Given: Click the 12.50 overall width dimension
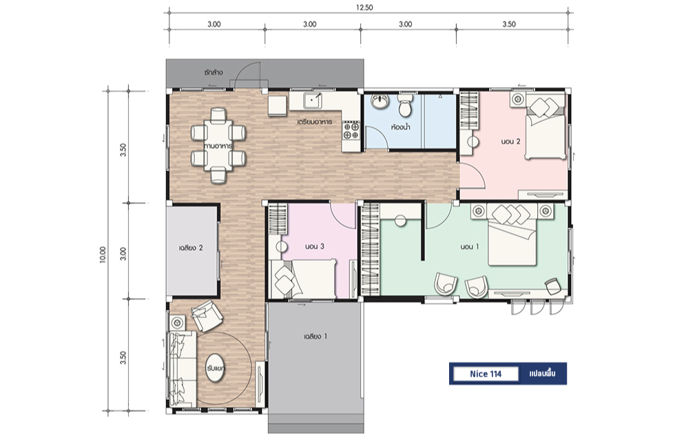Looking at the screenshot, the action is pos(364,8).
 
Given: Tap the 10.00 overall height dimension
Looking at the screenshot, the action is pos(103,255).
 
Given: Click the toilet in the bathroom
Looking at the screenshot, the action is pos(406,105).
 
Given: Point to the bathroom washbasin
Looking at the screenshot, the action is pos(380,102).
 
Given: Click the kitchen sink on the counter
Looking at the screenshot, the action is pos(312,101).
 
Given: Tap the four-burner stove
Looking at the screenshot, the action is pos(351,130).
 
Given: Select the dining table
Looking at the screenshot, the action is pos(218,146).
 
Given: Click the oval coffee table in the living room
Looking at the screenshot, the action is pos(215,368).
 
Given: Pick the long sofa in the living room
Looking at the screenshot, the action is pos(183,368).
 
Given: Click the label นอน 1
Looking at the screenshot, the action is pos(469,247).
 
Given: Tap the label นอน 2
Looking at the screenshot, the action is pos(510,141).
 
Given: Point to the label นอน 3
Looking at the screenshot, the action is pos(314,247).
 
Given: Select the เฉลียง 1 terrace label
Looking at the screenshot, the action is pos(315,337).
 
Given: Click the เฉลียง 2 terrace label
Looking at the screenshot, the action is pos(191,248).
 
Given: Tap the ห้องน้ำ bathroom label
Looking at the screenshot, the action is pos(400,127).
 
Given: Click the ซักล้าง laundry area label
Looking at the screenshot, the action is pos(214,72).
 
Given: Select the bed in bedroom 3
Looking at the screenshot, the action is pos(302,279).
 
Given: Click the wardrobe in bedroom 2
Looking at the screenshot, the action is pos(470,110).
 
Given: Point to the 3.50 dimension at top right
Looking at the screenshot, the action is pos(509,24).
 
